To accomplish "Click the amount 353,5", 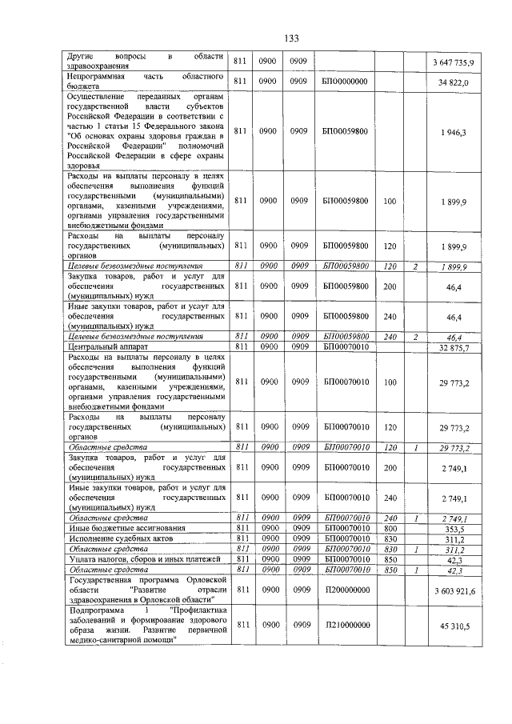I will [460, 529].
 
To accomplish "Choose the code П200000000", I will [345, 590].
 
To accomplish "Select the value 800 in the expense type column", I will [390, 529].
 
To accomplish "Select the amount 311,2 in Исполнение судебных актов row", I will [460, 539].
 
